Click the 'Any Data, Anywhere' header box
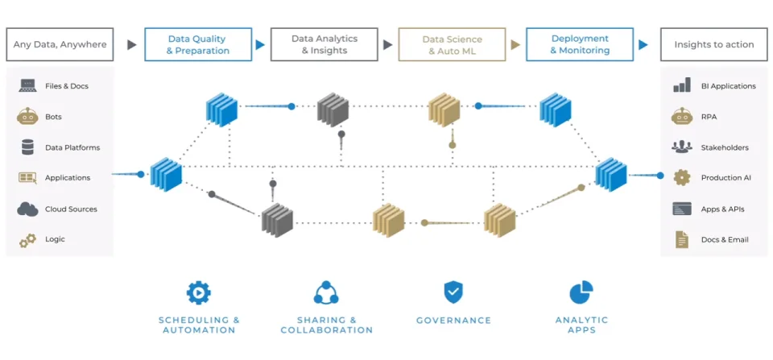(60, 45)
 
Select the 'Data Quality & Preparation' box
(197, 45)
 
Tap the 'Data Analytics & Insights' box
(324, 45)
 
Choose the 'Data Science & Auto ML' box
(452, 45)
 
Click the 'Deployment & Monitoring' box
(579, 45)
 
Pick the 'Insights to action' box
(713, 45)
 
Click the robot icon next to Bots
(28, 117)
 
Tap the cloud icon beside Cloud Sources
(28, 209)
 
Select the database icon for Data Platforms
(28, 147)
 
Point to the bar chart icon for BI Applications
(682, 85)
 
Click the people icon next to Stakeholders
(682, 147)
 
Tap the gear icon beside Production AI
(682, 177)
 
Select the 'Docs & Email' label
(724, 239)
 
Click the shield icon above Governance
(453, 292)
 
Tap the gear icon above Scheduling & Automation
(198, 292)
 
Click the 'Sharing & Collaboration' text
(326, 325)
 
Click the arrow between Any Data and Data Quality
(132, 45)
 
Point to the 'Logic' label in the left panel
(55, 239)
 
